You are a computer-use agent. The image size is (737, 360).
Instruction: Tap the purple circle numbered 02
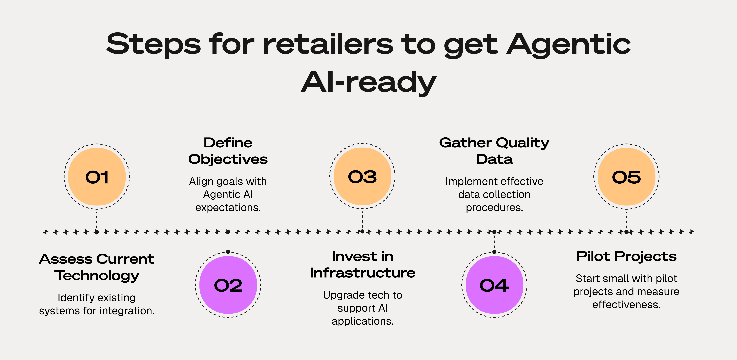(x=228, y=285)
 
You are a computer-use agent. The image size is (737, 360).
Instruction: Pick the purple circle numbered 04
(x=494, y=285)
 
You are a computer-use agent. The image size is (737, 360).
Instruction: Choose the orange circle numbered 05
(x=627, y=177)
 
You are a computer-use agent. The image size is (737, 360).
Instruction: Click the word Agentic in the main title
(x=569, y=44)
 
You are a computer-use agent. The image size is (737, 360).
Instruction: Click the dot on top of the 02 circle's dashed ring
(x=228, y=252)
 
